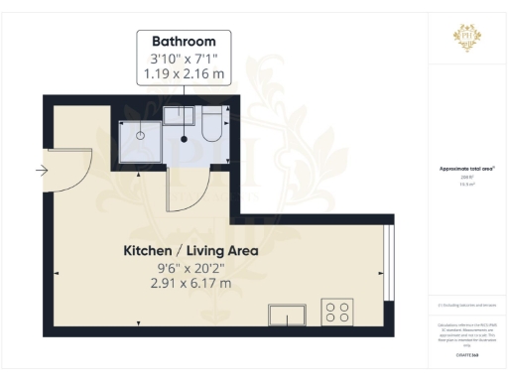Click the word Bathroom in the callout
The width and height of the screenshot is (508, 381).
pos(184,42)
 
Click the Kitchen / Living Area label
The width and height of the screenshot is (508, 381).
pos(190,251)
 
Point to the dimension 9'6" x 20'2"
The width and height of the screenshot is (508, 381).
pos(190,267)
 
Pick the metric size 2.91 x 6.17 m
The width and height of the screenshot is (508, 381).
pos(190,283)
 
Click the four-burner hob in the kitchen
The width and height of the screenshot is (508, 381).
pos(337,313)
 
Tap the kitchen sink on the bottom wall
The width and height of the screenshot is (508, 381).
pos(287,315)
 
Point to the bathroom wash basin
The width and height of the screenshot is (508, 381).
pos(179,114)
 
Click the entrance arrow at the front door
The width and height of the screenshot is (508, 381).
pos(41,171)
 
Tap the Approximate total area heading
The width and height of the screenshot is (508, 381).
pos(465,169)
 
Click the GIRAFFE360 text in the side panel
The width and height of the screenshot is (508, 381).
pos(465,354)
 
